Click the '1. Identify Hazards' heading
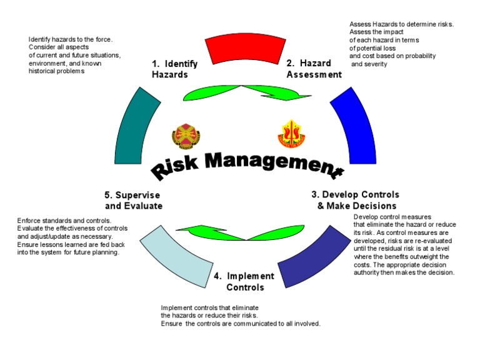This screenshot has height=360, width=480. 175,69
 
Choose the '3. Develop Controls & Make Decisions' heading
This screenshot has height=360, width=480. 356,200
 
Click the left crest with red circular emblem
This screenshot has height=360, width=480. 186,134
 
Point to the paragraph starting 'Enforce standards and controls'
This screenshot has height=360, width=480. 72,236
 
